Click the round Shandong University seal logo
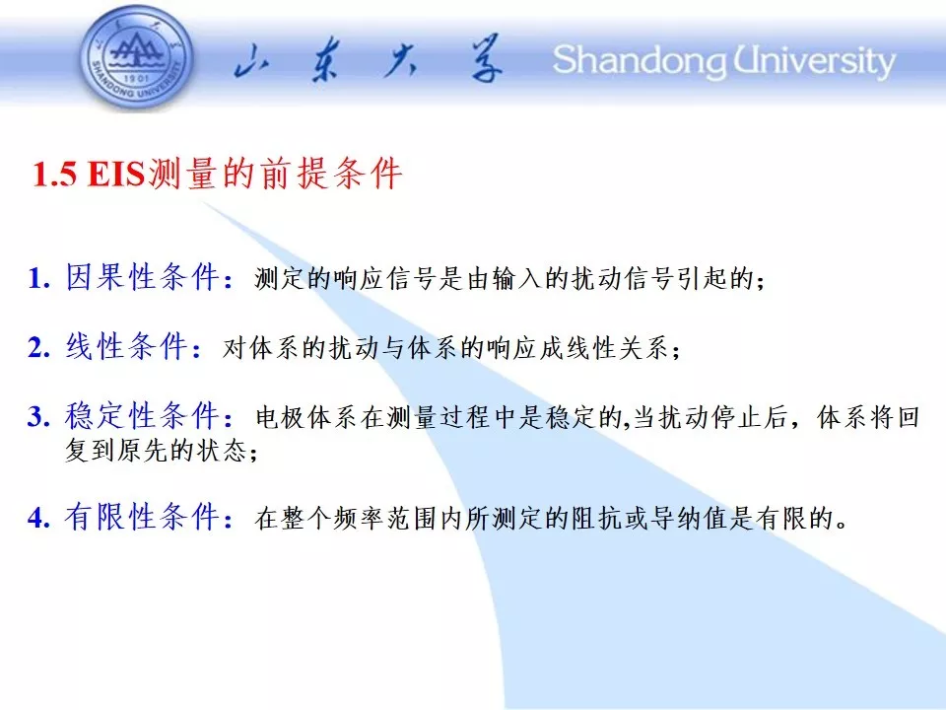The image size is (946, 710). coord(137,58)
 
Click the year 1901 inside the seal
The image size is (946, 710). coord(136,79)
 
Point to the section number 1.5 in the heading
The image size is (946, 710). coord(55,175)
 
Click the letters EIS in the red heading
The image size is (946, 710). coord(116,175)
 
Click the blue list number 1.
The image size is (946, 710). coord(39,278)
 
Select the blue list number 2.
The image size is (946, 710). coord(39,348)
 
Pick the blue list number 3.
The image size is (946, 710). coord(39,416)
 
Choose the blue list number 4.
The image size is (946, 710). coord(39,518)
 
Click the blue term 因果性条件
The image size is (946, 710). coord(142,277)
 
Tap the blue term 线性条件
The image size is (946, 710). coord(126,346)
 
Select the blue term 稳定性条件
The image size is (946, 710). coord(142,415)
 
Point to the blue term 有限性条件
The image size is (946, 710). coord(142,517)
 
